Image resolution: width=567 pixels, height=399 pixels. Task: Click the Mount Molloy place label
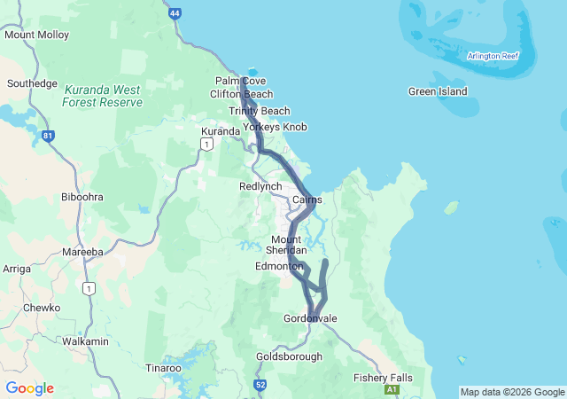coord(36,35)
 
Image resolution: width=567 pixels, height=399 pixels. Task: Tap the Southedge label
coord(32,83)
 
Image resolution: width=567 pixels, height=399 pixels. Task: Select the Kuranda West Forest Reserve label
coord(102,97)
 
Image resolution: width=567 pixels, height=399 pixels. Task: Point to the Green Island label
coord(438,91)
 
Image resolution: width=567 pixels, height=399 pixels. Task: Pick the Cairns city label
coord(307,200)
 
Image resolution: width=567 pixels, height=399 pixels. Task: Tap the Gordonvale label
coord(310,318)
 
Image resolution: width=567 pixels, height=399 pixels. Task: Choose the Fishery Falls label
coord(383,378)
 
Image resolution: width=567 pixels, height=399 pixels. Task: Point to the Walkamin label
coord(85,341)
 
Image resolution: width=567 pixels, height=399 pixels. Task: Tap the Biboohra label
coord(82,197)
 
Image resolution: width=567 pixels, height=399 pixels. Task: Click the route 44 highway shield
coord(175,13)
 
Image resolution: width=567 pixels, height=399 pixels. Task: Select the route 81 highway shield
coord(48,136)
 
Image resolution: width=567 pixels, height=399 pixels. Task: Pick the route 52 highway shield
coord(260,385)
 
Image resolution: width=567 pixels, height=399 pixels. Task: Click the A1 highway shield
coord(392,389)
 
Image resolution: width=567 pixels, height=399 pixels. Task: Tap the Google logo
coord(29,388)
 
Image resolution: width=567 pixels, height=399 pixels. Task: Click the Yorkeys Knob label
coord(275,127)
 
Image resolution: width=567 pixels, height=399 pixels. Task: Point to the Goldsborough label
coord(289,356)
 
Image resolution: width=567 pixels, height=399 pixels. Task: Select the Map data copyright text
coord(511,392)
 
